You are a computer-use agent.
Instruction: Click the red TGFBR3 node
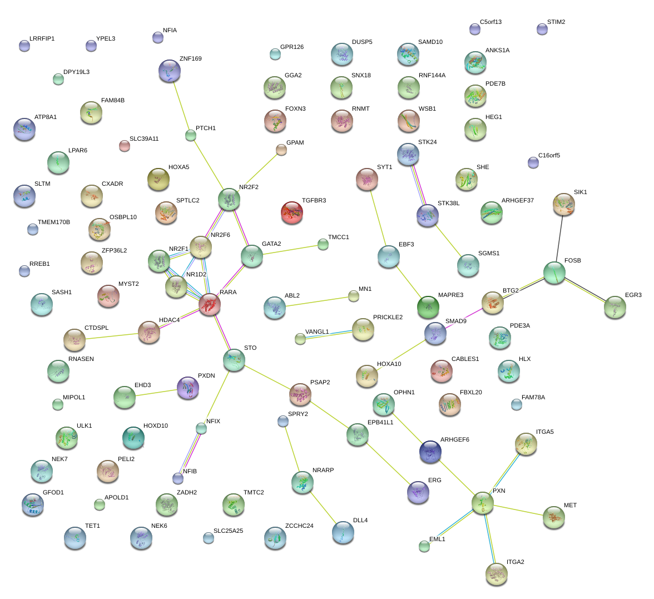click(x=292, y=212)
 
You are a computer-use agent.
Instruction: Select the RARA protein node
click(x=209, y=304)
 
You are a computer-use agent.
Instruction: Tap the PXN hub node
click(x=483, y=503)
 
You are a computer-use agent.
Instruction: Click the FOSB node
click(x=554, y=273)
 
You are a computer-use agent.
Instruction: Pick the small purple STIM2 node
click(x=542, y=29)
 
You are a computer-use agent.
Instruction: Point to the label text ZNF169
click(x=191, y=58)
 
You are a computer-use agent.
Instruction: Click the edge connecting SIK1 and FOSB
click(x=559, y=238)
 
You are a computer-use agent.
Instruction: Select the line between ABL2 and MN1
click(x=319, y=301)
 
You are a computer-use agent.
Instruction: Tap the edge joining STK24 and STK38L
click(x=418, y=185)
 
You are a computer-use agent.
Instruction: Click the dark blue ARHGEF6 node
click(x=430, y=452)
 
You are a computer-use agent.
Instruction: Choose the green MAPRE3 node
click(x=428, y=307)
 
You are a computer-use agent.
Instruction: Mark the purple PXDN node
click(x=188, y=388)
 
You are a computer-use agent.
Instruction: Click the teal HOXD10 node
click(x=133, y=438)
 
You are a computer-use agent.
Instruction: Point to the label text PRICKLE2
click(x=388, y=317)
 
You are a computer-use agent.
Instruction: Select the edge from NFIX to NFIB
click(x=190, y=453)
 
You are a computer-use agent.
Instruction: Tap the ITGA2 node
click(x=496, y=574)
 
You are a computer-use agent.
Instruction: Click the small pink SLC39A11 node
click(x=125, y=146)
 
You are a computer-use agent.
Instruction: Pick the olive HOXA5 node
click(x=158, y=179)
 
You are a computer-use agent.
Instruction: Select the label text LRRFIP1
click(x=42, y=38)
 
